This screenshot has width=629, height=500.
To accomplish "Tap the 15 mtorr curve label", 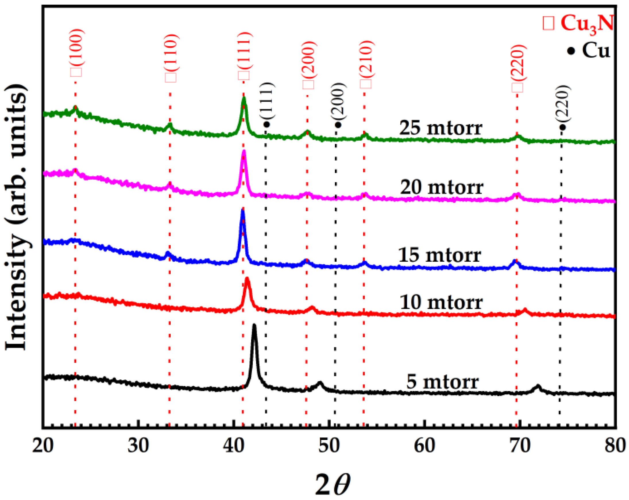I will pyautogui.click(x=439, y=255).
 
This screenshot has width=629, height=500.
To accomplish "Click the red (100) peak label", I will pyautogui.click(x=76, y=53).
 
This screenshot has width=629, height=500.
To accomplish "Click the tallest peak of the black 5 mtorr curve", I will pyautogui.click(x=254, y=326).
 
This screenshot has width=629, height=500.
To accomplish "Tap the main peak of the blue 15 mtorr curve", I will pyautogui.click(x=242, y=211).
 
